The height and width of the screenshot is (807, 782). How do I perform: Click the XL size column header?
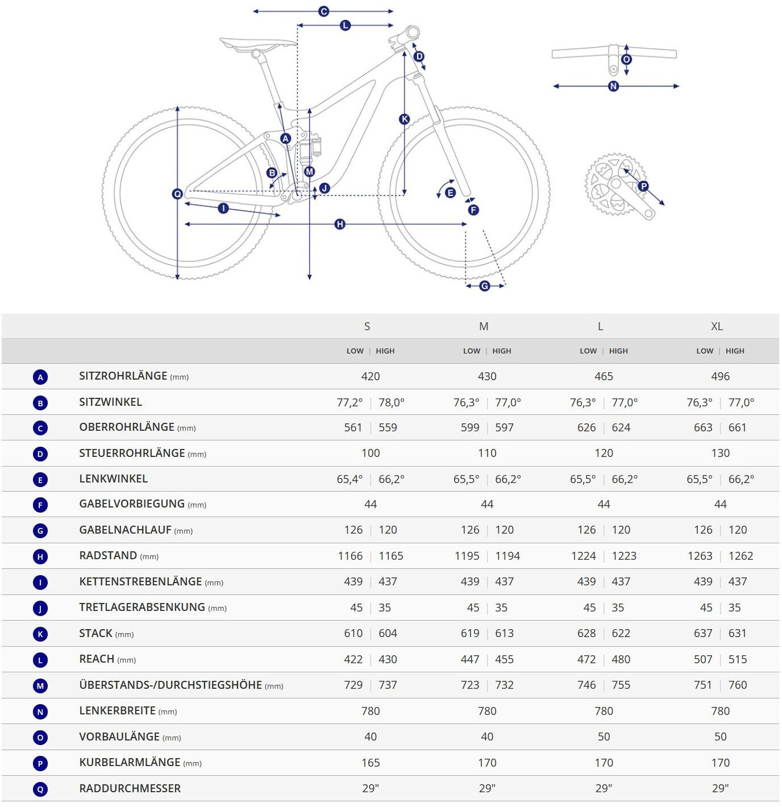[717, 326]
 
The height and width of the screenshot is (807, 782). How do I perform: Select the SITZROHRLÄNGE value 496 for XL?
[720, 376]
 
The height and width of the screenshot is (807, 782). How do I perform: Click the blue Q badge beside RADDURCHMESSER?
[40, 789]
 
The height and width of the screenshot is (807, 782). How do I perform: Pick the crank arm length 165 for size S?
[371, 763]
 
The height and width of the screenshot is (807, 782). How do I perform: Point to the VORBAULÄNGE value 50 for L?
[604, 737]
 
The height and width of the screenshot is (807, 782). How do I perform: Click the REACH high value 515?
[738, 659]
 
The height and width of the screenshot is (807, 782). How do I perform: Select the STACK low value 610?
[353, 633]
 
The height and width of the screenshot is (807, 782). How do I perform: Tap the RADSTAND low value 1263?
[700, 556]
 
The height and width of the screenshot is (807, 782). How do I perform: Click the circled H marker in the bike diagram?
[340, 224]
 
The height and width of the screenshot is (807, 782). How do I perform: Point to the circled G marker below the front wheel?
[485, 286]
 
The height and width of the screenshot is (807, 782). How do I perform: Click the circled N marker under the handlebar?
[613, 86]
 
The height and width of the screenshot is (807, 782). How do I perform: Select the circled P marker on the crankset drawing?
[643, 186]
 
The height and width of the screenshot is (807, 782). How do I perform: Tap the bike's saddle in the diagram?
[257, 44]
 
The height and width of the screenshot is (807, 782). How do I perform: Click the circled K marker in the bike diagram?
[404, 119]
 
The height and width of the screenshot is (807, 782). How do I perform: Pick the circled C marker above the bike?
[323, 11]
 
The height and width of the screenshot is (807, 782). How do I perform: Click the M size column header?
[484, 326]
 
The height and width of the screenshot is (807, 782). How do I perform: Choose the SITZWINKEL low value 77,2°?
[350, 402]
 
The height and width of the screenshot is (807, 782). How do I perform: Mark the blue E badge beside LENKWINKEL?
[40, 480]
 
